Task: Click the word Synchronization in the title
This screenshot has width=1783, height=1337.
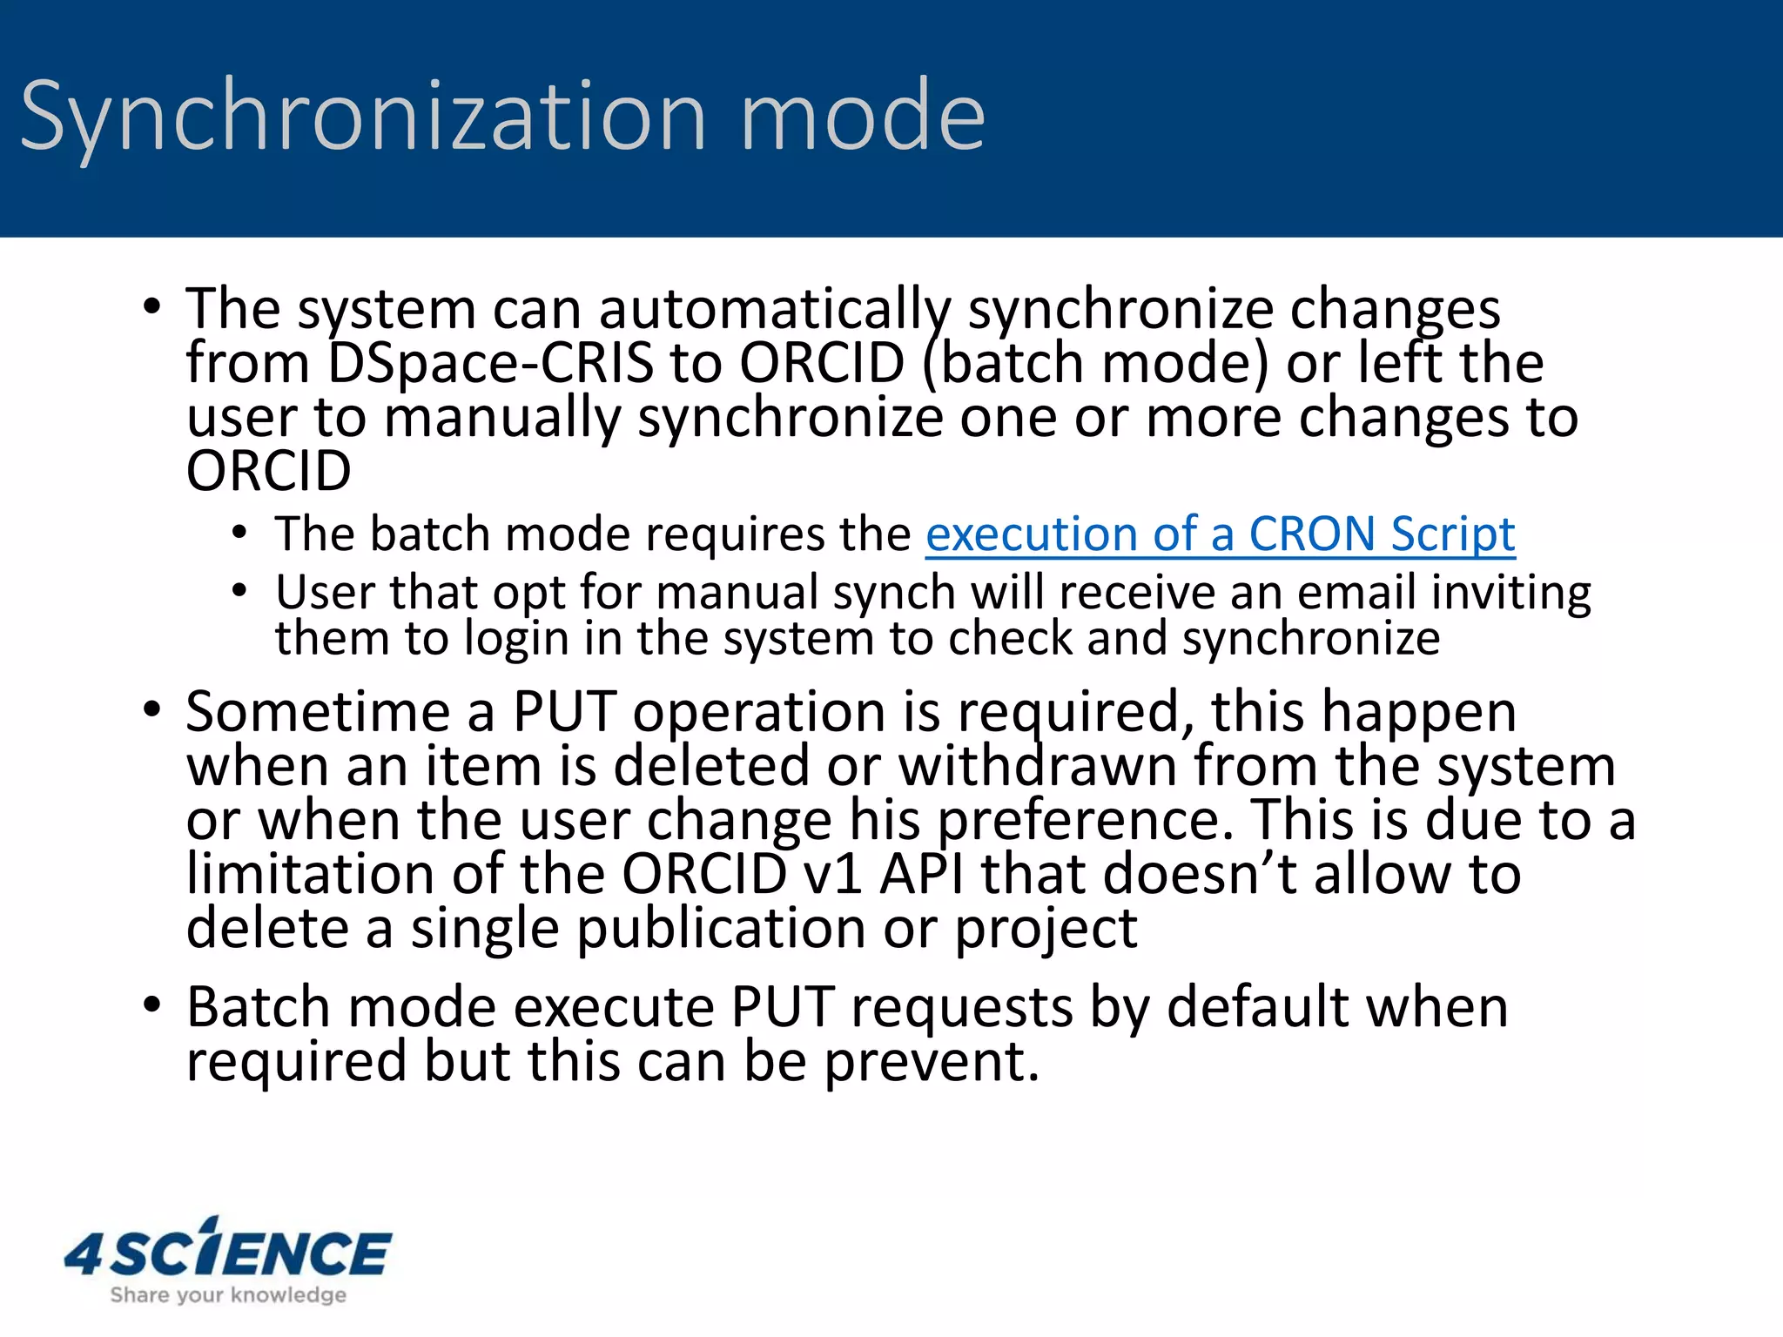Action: [x=363, y=118]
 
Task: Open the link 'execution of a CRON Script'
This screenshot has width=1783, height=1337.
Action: [x=1220, y=534]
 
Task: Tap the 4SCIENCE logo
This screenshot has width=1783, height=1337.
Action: [x=228, y=1250]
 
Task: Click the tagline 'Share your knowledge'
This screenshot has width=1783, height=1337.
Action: [x=228, y=1295]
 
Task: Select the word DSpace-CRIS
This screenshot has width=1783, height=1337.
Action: [x=490, y=363]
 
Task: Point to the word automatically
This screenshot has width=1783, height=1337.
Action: [x=776, y=310]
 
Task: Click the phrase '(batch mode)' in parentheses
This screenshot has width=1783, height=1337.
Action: [x=1094, y=363]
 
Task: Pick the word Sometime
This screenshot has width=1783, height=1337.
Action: [x=319, y=712]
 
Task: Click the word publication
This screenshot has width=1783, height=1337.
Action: [x=722, y=929]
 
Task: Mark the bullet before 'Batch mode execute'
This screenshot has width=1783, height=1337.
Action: [x=152, y=1005]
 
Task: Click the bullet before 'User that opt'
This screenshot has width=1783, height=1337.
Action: [x=240, y=592]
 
